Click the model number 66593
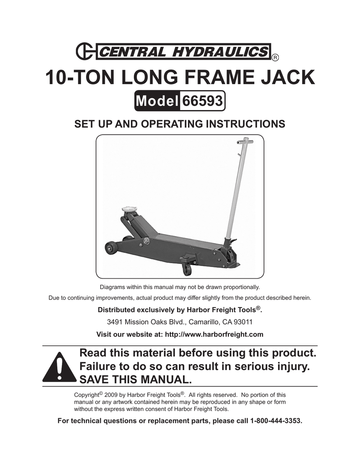click(202, 101)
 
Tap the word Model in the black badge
click(157, 101)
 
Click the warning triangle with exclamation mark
click(59, 367)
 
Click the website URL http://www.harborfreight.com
click(214, 334)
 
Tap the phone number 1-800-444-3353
click(275, 421)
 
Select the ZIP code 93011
click(243, 322)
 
